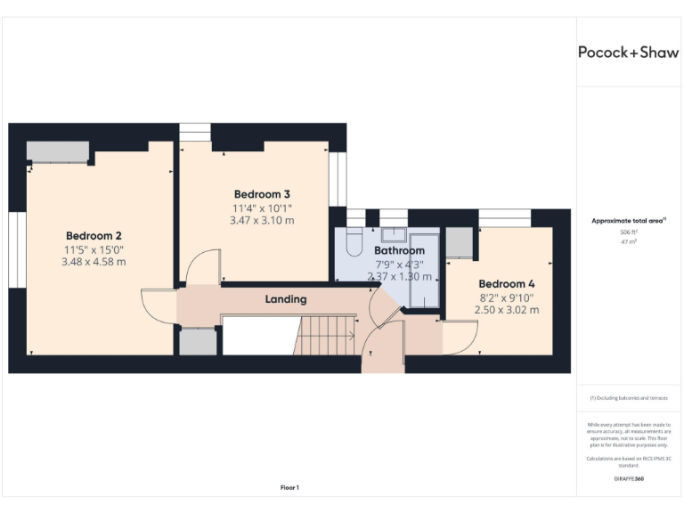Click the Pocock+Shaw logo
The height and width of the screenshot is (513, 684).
(x=628, y=52)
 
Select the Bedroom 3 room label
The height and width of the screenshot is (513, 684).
(x=262, y=194)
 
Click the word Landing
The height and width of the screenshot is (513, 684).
(x=286, y=299)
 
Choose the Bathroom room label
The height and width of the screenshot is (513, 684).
(x=399, y=251)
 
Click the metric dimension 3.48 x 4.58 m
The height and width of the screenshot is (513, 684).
(x=94, y=262)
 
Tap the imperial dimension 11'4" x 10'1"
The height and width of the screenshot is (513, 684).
(x=262, y=208)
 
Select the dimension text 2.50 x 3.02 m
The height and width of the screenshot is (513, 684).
(x=508, y=310)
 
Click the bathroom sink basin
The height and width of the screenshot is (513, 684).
(x=393, y=235)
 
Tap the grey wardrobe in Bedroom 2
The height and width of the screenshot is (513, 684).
(x=58, y=151)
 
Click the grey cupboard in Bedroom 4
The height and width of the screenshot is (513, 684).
(x=459, y=242)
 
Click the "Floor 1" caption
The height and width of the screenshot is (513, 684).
(x=289, y=487)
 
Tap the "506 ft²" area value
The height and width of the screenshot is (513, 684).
(x=628, y=231)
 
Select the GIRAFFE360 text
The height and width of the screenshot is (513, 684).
(x=628, y=479)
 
